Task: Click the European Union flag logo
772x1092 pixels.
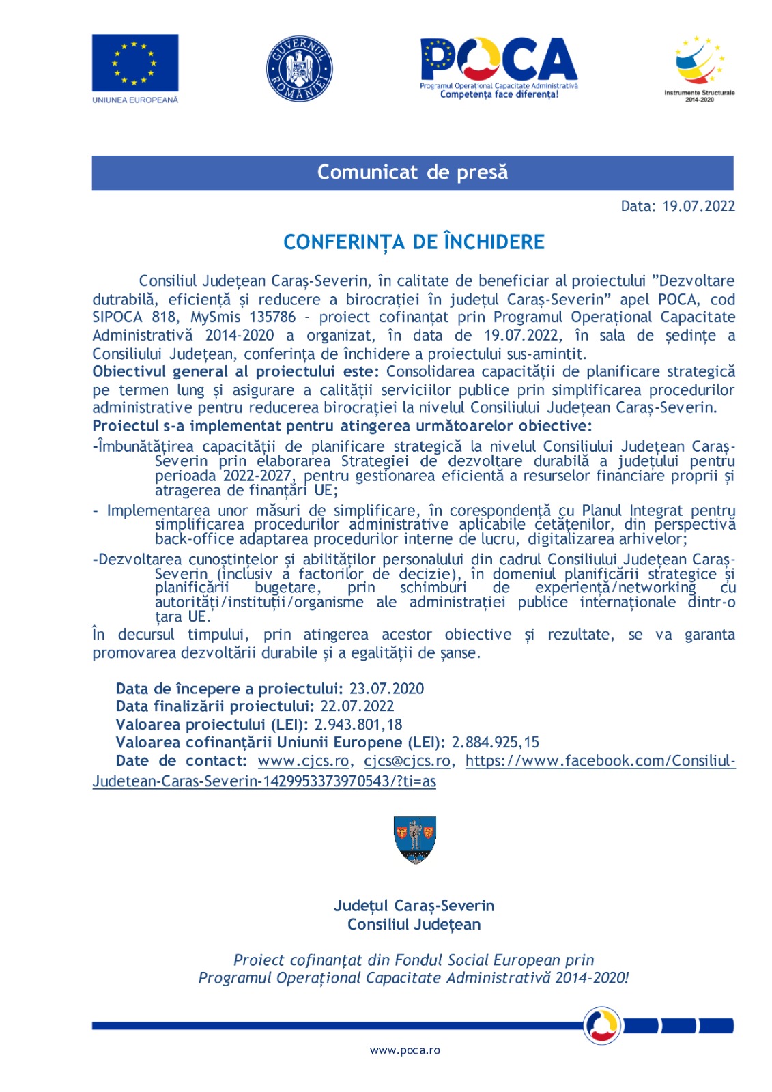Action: (135, 63)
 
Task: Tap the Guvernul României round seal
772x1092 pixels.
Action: (299, 69)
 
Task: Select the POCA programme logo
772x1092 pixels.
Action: (499, 67)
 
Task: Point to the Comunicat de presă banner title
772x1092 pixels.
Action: (412, 172)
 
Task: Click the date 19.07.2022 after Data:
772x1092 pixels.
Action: (698, 206)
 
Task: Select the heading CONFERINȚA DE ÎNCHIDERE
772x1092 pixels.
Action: (414, 242)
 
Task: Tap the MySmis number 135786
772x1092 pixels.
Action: (272, 317)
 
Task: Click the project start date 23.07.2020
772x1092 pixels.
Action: (386, 689)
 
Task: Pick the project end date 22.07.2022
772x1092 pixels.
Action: (357, 706)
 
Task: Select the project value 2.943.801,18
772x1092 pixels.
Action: (358, 724)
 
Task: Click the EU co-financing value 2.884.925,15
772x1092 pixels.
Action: (495, 742)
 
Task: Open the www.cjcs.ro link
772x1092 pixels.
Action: (303, 761)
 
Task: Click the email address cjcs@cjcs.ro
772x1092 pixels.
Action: (407, 761)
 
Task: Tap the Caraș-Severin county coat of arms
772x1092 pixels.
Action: (415, 839)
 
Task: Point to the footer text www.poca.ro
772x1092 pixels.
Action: (405, 1050)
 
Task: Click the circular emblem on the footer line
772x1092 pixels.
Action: (601, 1025)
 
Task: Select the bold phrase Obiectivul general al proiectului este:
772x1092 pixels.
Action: (235, 372)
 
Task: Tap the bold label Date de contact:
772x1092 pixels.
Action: (181, 761)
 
